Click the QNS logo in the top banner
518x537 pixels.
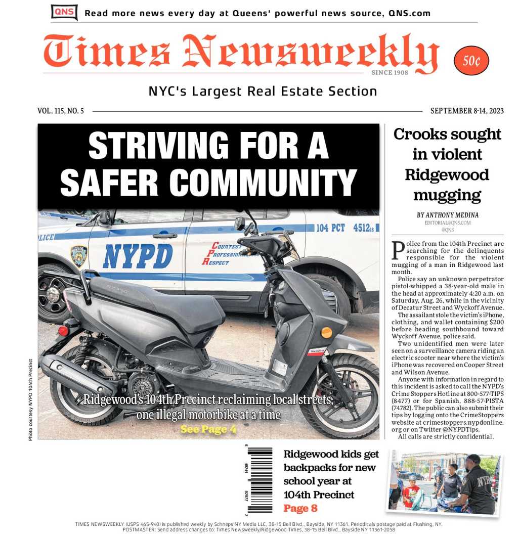(64, 12)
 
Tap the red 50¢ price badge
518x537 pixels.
(471, 61)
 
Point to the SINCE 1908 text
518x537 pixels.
(390, 73)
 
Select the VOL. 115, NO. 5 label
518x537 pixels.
(61, 111)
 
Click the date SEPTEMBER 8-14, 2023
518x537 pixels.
(466, 111)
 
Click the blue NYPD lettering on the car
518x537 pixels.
(138, 256)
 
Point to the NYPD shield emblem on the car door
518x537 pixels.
(78, 256)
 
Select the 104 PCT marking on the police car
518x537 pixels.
(331, 228)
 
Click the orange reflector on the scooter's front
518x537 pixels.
(326, 332)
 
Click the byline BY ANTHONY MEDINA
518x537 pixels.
(448, 215)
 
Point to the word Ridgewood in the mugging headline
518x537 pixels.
(447, 175)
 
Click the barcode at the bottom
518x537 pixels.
(260, 479)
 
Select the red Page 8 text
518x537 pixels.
(300, 508)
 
